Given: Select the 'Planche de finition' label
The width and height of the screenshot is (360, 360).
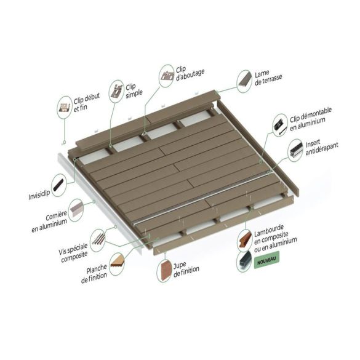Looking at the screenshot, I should click(94, 269).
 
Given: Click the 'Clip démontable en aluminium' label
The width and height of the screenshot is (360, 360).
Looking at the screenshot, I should click(317, 123).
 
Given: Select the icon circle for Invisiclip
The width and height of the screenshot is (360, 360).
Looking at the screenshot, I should click(60, 185).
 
